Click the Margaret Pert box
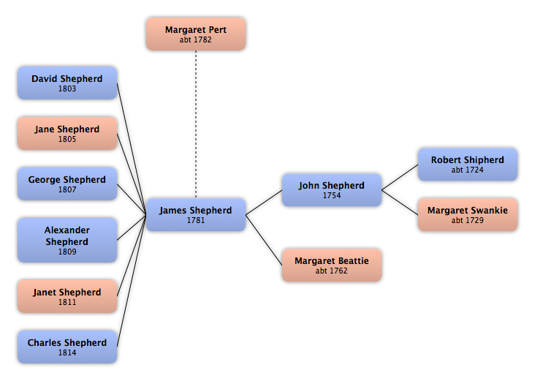coord(195,34)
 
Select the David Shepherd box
coord(67,83)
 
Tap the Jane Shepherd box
coord(67,134)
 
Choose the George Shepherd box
coord(67,184)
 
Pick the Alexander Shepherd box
coord(67,240)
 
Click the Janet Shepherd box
coord(67,297)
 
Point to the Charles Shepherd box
coord(67,347)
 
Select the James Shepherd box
coord(195,215)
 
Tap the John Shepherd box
coord(332,190)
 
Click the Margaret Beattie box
coord(332,265)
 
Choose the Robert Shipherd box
coord(468,165)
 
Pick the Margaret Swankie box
coord(468,215)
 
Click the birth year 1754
coord(332,196)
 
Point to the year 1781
coord(195,221)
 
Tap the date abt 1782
coord(195,40)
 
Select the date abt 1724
coord(468,170)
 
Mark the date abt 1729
coord(468,221)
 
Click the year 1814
coord(67,353)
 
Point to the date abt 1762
coord(332,271)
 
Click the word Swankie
coord(489,211)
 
